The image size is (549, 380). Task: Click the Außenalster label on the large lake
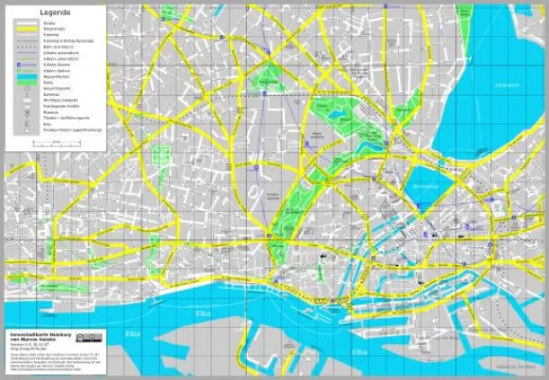coord(507,85)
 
